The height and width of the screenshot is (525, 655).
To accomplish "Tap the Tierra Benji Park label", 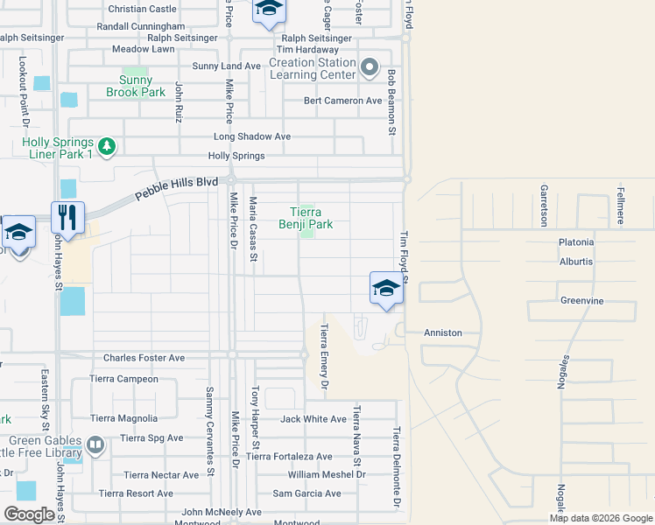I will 306,218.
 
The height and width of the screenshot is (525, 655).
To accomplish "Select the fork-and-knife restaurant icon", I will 67,218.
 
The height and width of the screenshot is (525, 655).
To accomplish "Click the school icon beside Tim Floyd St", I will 386,288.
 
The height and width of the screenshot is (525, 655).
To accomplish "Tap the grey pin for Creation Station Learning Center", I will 370,68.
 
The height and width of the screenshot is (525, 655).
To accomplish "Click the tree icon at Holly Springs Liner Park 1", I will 105,145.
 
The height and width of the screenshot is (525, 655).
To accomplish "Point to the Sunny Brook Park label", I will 136,86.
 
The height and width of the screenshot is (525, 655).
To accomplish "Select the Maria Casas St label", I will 253,229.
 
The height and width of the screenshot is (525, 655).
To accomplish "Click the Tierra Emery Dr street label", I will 324,355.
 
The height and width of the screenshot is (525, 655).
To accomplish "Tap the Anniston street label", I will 442,333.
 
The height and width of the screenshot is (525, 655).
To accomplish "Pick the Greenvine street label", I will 582,300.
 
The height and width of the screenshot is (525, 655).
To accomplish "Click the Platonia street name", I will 576,242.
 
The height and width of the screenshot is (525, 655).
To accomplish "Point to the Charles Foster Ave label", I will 144,358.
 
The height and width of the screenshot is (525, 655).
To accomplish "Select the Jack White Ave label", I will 313,419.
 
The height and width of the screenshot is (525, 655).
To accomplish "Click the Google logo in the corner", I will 29,514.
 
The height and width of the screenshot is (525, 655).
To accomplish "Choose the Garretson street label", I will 544,204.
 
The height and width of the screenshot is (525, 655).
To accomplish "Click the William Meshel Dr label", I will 327,475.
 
